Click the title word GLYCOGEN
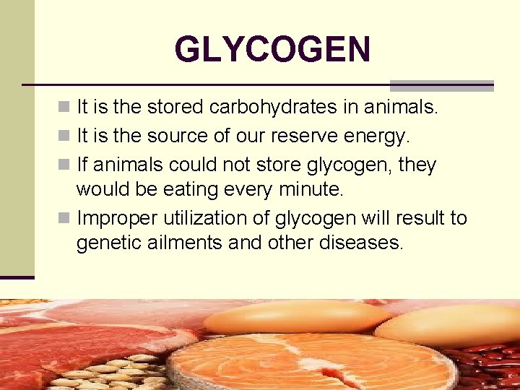tap(272, 50)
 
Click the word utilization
tap(210, 217)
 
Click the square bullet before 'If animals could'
tap(65, 165)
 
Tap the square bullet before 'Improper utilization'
tap(65, 218)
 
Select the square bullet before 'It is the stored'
tap(65, 108)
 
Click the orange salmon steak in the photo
tap(311, 362)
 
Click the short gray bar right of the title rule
tap(441, 85)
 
